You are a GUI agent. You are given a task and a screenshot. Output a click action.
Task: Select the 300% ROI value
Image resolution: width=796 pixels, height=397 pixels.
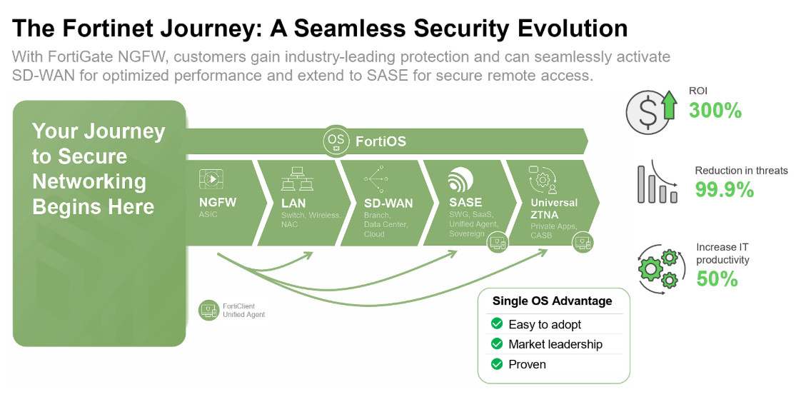[x=715, y=111]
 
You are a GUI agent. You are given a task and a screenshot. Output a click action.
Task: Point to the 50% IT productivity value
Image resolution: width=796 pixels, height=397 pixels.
[x=717, y=278]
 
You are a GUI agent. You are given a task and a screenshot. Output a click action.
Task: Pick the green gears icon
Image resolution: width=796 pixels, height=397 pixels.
[x=658, y=268]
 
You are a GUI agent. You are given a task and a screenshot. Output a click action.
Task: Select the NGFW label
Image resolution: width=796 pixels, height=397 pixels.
[x=218, y=202]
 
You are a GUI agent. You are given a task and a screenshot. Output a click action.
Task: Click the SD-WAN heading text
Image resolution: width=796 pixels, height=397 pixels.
[x=388, y=203]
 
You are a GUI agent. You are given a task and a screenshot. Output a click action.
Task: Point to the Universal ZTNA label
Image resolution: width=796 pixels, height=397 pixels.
[x=554, y=208]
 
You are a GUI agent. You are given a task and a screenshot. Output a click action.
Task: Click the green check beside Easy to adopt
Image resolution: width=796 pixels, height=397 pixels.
[x=497, y=324]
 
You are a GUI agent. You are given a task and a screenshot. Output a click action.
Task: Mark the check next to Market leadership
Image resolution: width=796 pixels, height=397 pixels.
[x=497, y=344]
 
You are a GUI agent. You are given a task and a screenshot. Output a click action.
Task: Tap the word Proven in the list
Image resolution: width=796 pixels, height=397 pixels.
[x=527, y=364]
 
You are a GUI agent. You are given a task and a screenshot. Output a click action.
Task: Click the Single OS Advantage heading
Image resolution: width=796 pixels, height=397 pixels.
[x=553, y=301]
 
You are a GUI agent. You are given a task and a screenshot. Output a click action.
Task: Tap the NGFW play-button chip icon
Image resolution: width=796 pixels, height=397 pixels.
[x=211, y=179]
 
